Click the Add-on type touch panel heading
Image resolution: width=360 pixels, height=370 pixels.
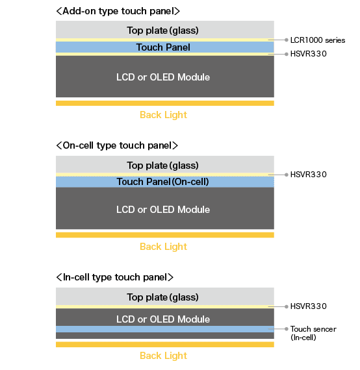pos(118,11)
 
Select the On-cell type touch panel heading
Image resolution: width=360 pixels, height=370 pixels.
pos(117,145)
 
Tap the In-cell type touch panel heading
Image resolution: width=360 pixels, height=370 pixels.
pos(115,277)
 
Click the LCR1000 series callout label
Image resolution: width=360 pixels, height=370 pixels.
pos(318,40)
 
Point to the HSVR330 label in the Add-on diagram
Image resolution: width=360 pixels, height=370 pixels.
pos(308,54)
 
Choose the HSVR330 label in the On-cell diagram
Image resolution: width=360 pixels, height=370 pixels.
pos(308,175)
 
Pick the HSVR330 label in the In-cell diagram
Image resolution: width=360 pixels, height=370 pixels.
pos(308,306)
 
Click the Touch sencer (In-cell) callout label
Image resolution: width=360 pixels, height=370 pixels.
pos(313,333)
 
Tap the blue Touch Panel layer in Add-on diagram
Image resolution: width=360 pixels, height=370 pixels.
pos(165,47)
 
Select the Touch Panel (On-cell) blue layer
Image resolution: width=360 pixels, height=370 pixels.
pos(165,182)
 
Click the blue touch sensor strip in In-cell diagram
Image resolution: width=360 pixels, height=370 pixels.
pos(165,329)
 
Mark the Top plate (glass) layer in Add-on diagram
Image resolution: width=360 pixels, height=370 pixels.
pos(165,30)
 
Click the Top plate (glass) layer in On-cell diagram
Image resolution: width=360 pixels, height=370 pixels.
pos(165,164)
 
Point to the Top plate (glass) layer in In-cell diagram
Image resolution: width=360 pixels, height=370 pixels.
pos(165,297)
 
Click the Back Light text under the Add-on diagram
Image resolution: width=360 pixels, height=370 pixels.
pos(163,115)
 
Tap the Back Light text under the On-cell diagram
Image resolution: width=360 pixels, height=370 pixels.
pos(163,247)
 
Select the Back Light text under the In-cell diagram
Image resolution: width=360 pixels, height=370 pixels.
pos(163,356)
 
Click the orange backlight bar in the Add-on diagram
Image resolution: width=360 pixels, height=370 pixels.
pos(165,103)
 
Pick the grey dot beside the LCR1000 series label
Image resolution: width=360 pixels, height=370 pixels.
pos(287,40)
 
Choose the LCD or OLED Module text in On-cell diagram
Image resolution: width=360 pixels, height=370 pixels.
pos(163,210)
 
